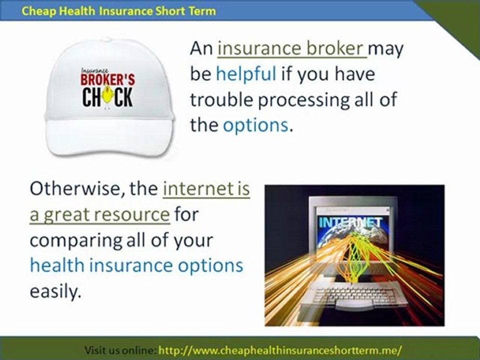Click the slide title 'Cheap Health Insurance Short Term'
(119, 10)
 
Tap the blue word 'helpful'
(245, 74)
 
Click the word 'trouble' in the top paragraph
(221, 99)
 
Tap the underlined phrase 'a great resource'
(99, 214)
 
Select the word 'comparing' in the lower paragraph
(74, 240)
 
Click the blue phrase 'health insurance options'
(136, 265)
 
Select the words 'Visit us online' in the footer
(120, 349)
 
